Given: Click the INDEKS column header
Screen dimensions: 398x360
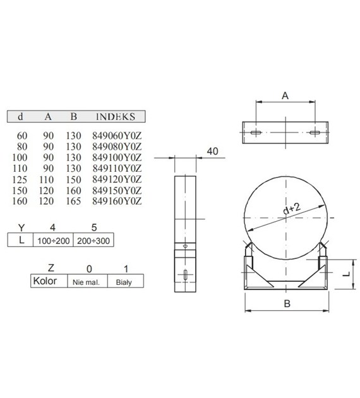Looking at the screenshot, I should (116, 117).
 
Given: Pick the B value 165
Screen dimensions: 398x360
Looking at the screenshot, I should (74, 201).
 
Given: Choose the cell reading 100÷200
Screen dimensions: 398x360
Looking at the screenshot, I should (55, 241).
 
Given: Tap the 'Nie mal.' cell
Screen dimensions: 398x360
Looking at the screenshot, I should (87, 282).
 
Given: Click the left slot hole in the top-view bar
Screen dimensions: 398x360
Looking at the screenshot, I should (255, 133).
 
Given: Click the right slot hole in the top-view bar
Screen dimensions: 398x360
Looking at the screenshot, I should (314, 133).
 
